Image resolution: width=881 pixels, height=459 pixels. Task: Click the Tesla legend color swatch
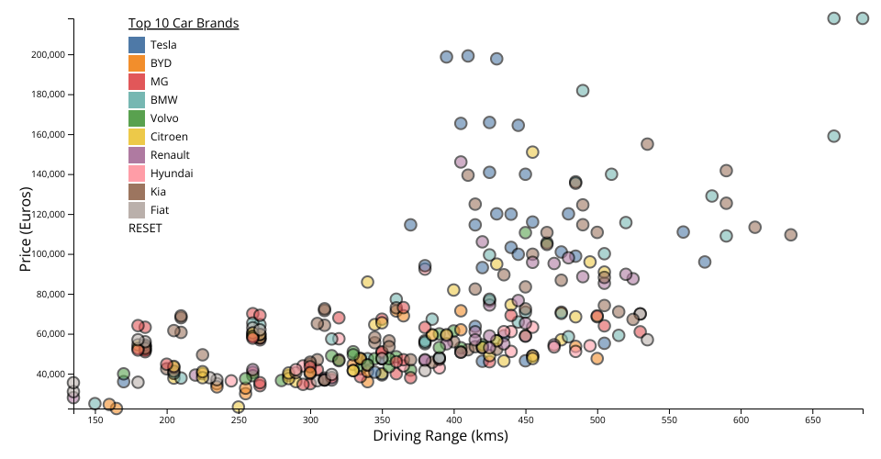(137, 44)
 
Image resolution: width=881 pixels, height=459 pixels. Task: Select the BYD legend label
(161, 63)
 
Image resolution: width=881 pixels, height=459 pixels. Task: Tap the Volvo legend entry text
(164, 118)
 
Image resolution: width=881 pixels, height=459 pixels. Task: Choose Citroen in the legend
(169, 137)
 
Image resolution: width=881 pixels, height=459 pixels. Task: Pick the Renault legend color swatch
(137, 155)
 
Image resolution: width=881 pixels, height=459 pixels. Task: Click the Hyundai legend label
(172, 174)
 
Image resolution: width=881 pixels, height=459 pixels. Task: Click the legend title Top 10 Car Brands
(184, 23)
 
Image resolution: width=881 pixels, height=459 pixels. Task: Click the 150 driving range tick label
(95, 420)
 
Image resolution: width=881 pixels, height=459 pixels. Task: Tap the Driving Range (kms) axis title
(440, 437)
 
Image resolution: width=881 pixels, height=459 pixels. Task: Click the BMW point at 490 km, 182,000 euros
(583, 91)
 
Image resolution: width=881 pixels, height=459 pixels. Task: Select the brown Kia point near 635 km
(791, 235)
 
